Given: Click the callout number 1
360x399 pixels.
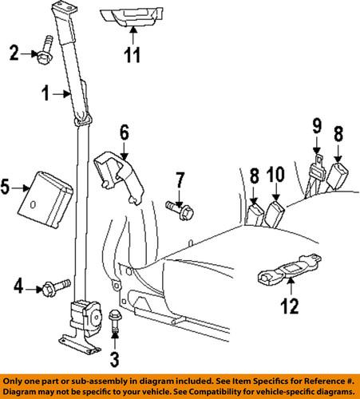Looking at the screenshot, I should (46, 93).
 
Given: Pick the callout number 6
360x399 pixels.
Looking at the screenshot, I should (124, 132).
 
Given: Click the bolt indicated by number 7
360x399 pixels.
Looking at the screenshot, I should (179, 208).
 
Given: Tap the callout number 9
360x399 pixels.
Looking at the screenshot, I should (315, 126).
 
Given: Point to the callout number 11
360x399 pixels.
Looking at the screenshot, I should (133, 57).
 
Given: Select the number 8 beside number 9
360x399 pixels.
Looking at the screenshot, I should (340, 133).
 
